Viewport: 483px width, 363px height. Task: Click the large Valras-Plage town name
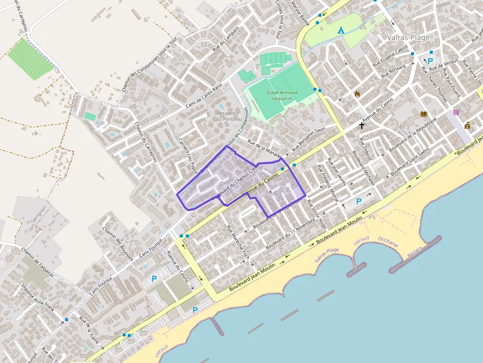pyautogui.click(x=408, y=37)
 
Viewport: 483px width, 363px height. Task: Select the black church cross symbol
pyautogui.click(x=362, y=125)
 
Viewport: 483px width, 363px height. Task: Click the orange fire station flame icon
pyautogui.click(x=357, y=93)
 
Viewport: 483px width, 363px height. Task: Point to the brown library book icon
pyautogui.click(x=423, y=114)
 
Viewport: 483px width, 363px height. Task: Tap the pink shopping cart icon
pyautogui.click(x=456, y=112)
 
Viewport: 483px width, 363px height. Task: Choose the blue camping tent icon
pyautogui.click(x=341, y=30)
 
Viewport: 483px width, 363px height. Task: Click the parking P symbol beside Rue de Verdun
pyautogui.click(x=430, y=62)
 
